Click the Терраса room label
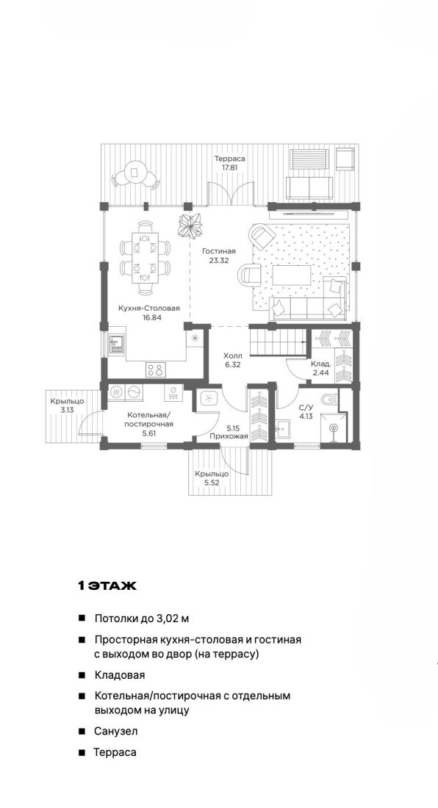(230, 159)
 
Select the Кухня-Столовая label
(149, 309)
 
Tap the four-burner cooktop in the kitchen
(155, 369)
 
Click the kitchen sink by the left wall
(116, 344)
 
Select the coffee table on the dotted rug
(292, 275)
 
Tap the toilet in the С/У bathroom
(328, 399)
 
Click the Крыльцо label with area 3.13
(67, 401)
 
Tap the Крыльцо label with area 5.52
(211, 474)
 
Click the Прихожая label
(229, 436)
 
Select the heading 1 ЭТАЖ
(107, 586)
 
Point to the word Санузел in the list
(116, 731)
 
